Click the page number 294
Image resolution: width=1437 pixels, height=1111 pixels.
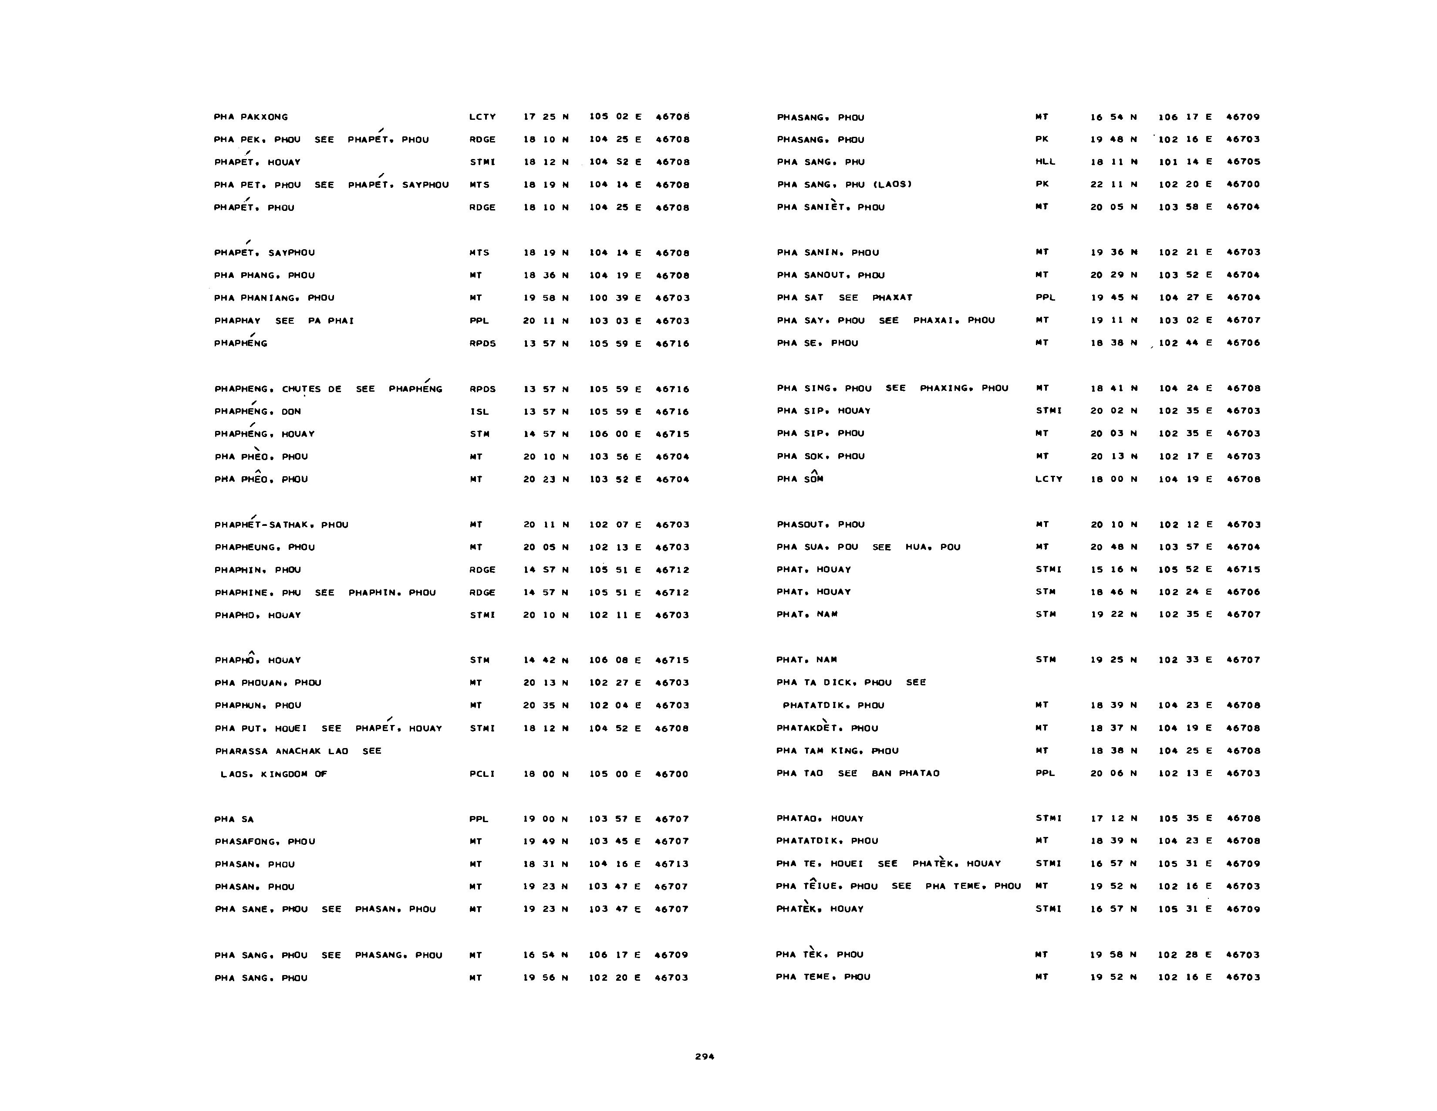[704, 1057]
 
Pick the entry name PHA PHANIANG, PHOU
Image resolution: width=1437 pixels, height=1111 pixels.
[274, 298]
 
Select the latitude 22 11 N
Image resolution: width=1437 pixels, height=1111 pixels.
[1113, 184]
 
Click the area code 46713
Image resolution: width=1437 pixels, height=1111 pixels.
[672, 864]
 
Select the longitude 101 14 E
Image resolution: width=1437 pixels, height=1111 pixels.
[1184, 161]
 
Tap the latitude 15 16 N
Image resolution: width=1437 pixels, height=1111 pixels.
[1113, 569]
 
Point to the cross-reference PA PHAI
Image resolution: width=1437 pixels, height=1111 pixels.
[331, 321]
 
